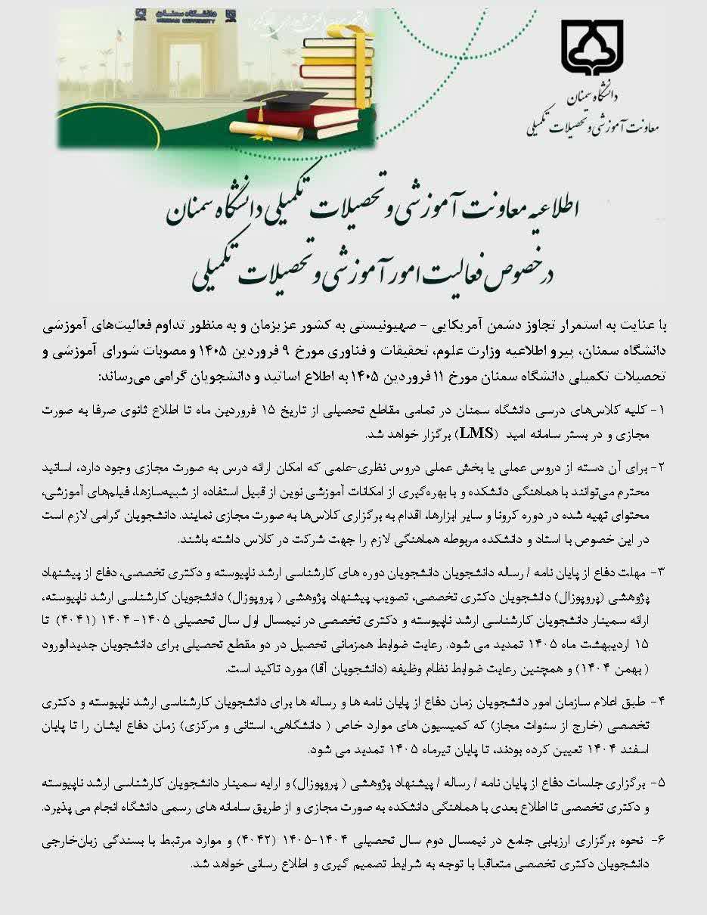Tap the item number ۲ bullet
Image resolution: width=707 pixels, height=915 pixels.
[659, 461]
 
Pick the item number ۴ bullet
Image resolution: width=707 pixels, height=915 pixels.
[660, 701]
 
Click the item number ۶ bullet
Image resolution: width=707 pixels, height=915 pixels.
[659, 838]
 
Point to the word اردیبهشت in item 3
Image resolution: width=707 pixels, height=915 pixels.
[619, 644]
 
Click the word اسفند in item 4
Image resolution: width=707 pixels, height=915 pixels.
[650, 749]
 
